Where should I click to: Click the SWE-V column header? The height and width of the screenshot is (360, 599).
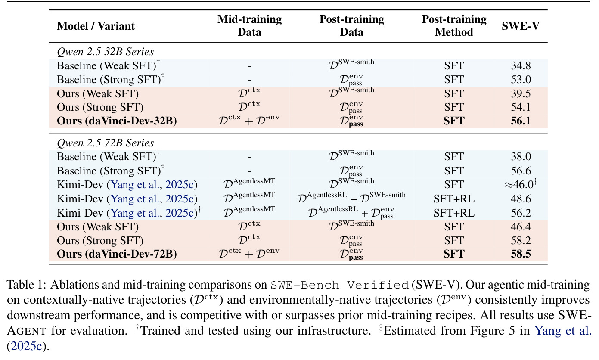[x=520, y=26]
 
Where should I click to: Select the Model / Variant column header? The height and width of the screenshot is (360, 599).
[x=96, y=26]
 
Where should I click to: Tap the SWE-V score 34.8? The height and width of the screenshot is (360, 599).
[x=521, y=66]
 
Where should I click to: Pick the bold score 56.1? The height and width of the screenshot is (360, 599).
[x=521, y=121]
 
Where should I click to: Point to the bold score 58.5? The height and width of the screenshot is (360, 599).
[x=521, y=254]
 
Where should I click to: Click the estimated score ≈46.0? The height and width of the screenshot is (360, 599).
[x=520, y=184]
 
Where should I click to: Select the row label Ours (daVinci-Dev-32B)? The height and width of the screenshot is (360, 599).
[x=117, y=121]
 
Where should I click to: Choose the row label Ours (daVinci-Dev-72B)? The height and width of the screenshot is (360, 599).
[x=117, y=254]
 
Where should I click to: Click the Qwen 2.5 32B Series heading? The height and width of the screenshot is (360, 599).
[x=106, y=51]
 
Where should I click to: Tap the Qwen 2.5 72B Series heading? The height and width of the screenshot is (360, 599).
[x=106, y=143]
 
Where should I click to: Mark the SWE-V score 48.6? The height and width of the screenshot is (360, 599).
[x=521, y=199]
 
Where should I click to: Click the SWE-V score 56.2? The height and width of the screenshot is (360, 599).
[x=521, y=213]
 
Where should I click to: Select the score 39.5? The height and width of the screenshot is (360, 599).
[x=521, y=93]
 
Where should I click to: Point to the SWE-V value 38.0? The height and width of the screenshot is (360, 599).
[x=521, y=156]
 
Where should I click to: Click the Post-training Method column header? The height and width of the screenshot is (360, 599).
[x=454, y=26]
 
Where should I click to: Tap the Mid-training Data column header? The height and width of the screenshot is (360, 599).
[x=249, y=26]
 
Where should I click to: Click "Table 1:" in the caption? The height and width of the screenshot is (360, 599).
[x=26, y=285]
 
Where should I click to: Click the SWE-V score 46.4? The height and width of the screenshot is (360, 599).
[x=521, y=227]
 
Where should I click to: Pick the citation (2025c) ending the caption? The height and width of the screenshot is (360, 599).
[x=28, y=346]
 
